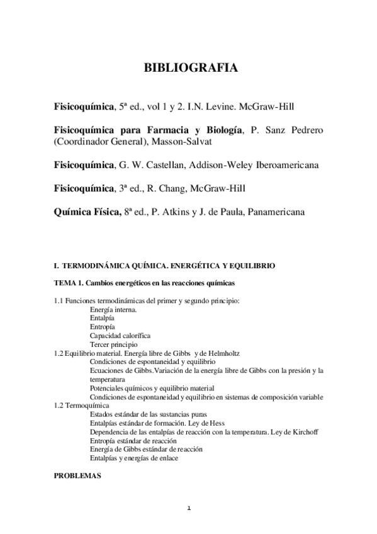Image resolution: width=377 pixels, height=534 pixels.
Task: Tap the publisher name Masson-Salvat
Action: point(174,142)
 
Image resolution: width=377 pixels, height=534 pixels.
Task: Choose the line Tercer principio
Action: point(113,345)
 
